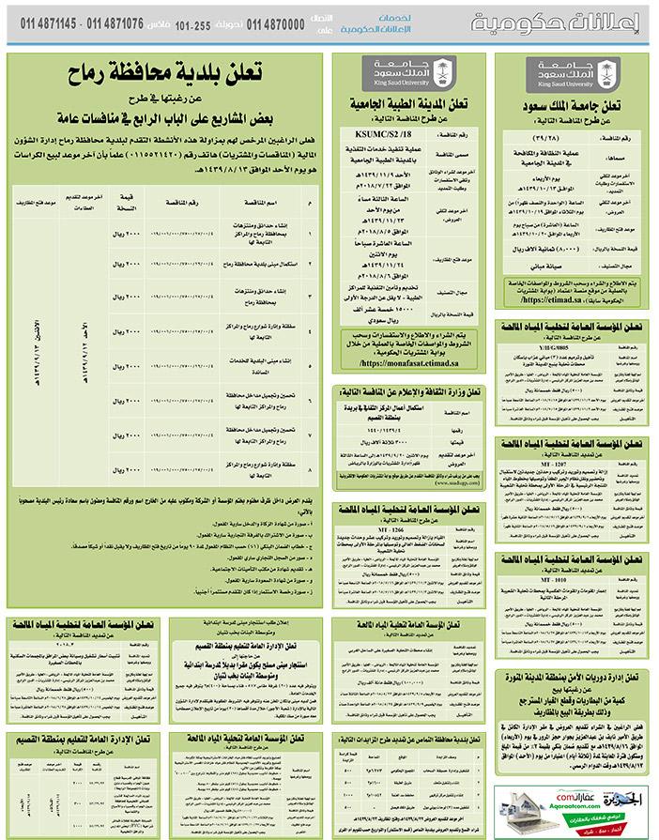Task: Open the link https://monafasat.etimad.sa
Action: (x=408, y=360)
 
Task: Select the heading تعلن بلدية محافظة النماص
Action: (x=409, y=742)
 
